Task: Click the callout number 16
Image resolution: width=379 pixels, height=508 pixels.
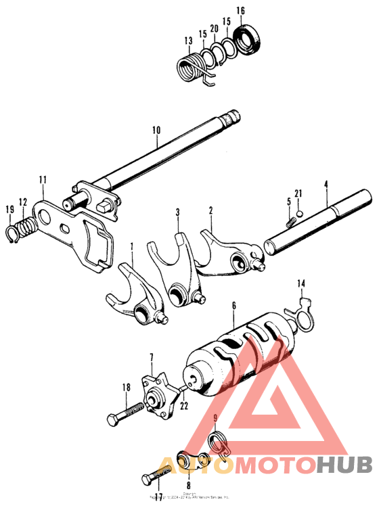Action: pos(240,10)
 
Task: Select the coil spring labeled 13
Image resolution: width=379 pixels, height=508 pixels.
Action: pos(192,68)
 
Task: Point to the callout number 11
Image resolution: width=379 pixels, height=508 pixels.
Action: pos(43,180)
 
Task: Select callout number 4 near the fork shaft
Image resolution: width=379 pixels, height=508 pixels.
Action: pos(326,183)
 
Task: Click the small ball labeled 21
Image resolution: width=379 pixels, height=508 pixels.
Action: pos(298,215)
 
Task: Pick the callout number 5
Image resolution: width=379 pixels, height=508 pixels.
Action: pos(288,202)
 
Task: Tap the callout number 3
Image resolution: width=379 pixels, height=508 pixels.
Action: pos(178,212)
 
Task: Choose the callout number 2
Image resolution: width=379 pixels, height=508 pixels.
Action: pos(211,210)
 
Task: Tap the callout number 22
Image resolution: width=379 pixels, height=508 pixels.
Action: pos(183,406)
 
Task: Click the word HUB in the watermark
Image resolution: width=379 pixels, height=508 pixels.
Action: pos(344,465)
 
